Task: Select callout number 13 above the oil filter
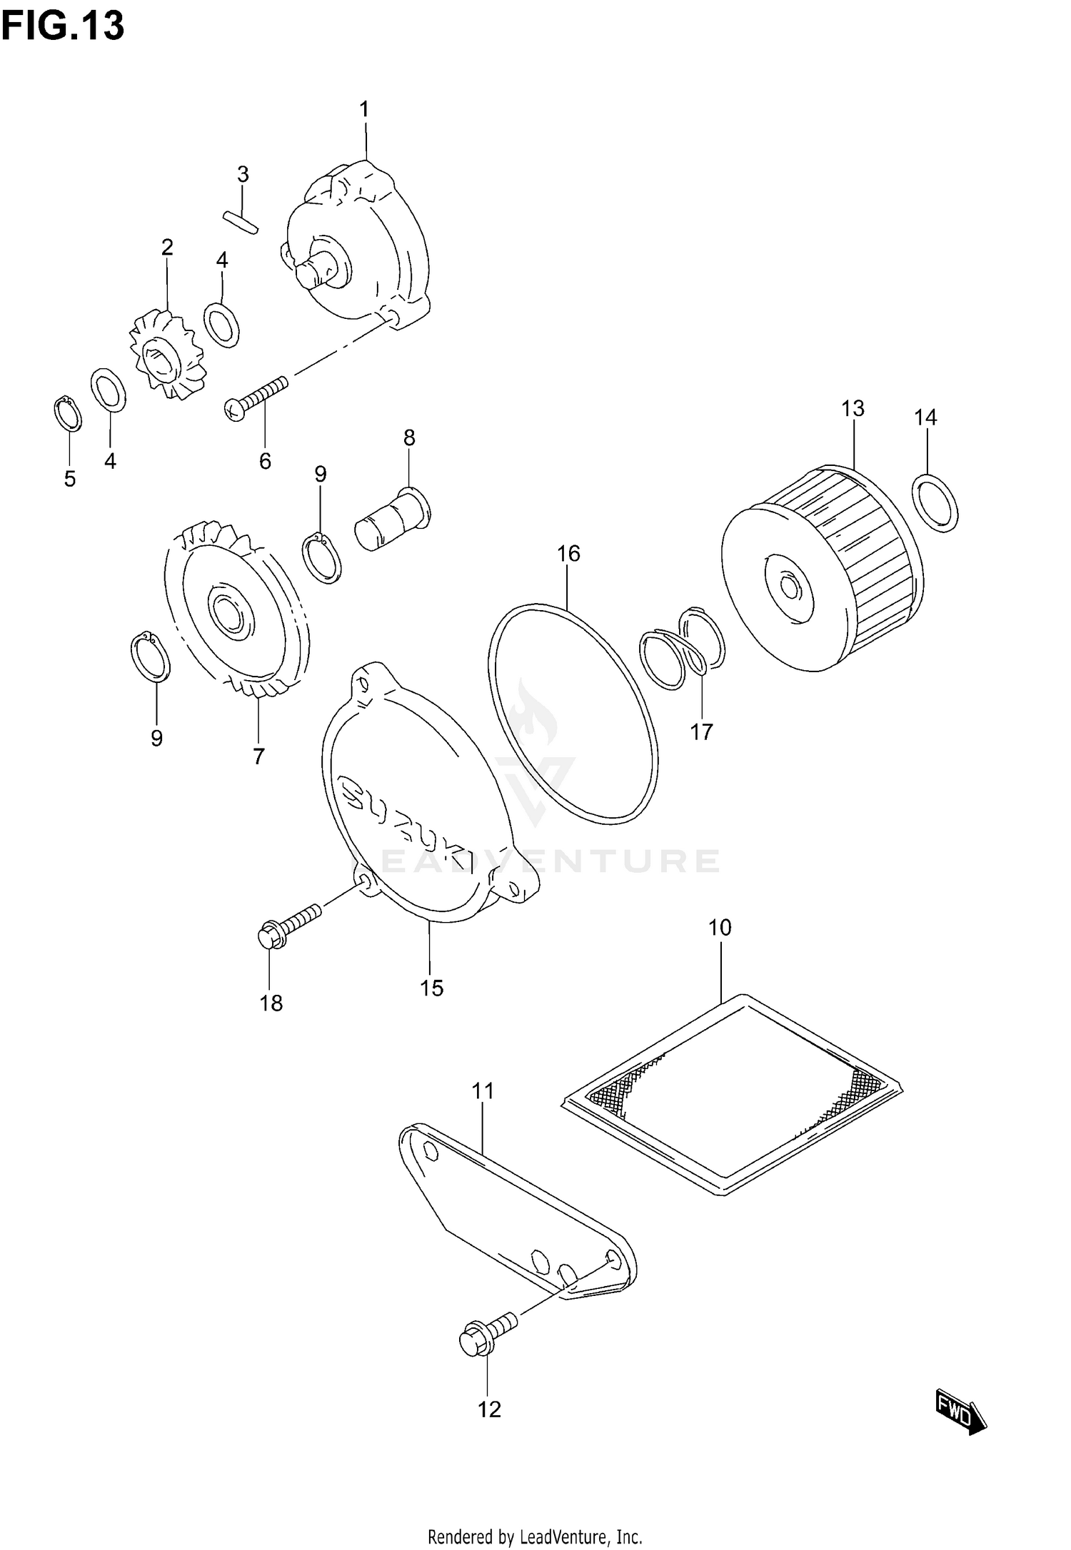click(x=853, y=409)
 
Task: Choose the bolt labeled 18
click(x=288, y=926)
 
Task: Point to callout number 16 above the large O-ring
click(x=568, y=554)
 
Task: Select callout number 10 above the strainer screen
click(x=720, y=928)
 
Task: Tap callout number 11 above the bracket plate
click(x=483, y=1091)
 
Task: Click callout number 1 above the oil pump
click(x=364, y=110)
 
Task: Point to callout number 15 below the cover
click(x=431, y=988)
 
